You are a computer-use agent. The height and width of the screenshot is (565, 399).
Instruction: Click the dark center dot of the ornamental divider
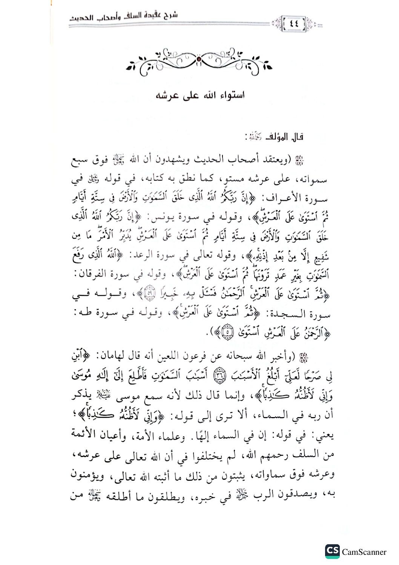[x=199, y=59]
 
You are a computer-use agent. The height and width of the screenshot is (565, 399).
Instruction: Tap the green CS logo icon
[x=332, y=551]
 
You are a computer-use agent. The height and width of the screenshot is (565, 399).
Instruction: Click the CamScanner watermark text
[x=364, y=552]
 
